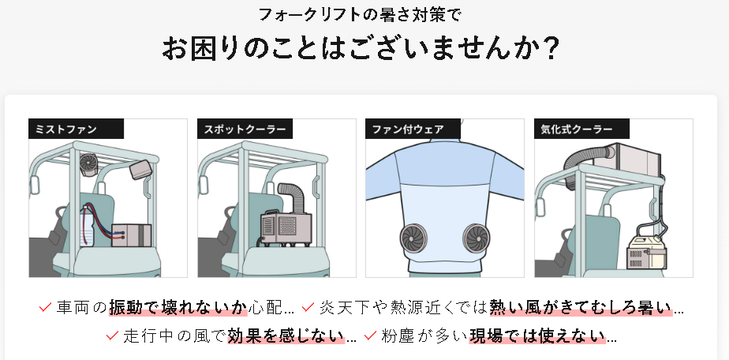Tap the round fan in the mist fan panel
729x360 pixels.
click(88, 163)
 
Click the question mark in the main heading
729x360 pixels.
click(551, 49)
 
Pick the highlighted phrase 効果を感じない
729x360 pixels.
click(286, 336)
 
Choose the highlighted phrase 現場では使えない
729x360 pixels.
click(536, 336)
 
